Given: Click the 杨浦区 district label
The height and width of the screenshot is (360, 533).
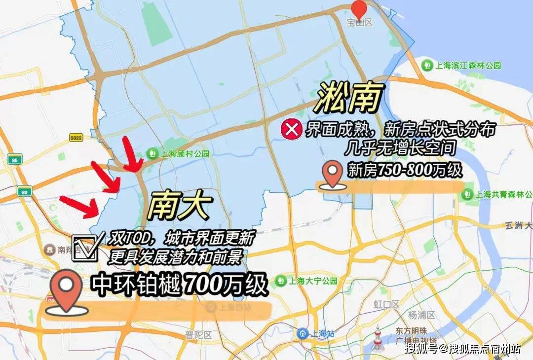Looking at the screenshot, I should point(421,315).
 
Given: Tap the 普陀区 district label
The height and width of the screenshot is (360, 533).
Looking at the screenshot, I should point(198,335).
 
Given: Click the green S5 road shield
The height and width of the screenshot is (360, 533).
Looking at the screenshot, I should point(15,159).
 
